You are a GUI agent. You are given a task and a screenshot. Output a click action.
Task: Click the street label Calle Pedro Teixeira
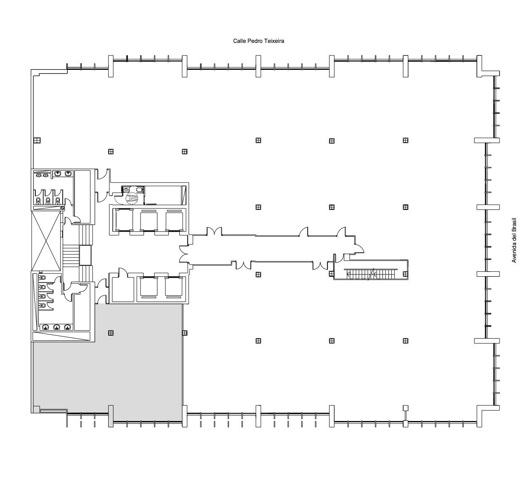pos(258,41)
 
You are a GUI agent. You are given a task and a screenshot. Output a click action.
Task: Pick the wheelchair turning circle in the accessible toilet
pos(132,198)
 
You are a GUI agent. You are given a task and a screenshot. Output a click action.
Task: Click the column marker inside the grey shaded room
pos(111,333)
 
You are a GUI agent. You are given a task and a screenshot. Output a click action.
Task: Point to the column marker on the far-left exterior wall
pos(37,140)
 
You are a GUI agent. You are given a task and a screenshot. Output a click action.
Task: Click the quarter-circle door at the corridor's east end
pos(359,248)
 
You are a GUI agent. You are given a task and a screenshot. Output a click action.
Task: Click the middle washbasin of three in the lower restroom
pos(56,327)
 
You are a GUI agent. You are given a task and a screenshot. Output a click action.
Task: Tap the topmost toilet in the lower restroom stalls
pos(42,278)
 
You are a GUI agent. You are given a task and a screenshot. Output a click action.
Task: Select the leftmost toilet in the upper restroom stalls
pos(39,201)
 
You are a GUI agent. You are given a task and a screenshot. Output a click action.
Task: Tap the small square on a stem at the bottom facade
pos(406,408)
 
